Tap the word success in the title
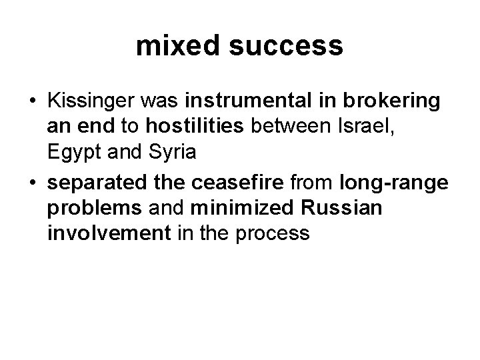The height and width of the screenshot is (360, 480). tap(283, 46)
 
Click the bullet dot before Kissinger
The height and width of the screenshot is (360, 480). tap(32, 101)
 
